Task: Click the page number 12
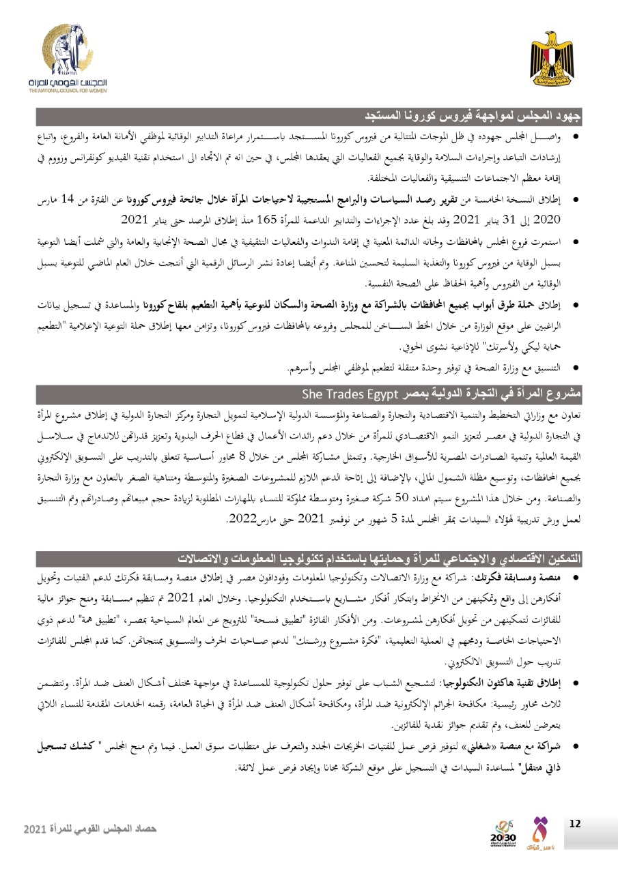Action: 574,824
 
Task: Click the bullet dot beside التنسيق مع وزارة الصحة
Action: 575,368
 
